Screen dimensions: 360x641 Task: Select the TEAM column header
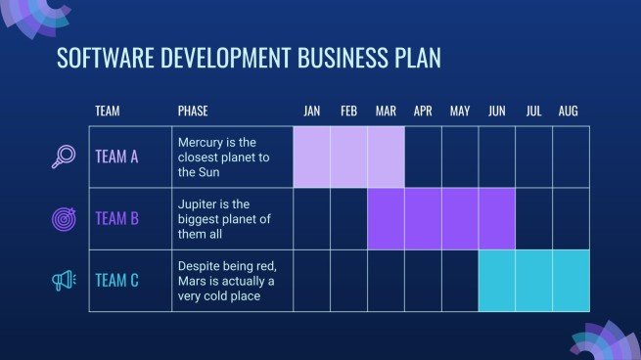point(108,112)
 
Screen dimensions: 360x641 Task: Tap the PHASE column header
point(193,112)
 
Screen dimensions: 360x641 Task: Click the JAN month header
point(312,112)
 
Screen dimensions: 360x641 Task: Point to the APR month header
point(423,112)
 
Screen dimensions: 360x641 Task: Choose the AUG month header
point(569,112)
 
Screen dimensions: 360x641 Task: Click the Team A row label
point(116,157)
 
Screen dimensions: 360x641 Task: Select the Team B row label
point(116,219)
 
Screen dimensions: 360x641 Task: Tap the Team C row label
point(116,282)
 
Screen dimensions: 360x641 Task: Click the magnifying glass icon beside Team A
point(64,157)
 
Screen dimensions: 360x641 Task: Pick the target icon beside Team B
point(64,219)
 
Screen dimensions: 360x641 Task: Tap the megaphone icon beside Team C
point(64,282)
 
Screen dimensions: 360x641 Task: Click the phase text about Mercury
point(223,157)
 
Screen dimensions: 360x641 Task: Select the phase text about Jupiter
point(225,219)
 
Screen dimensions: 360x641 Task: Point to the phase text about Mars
point(226,281)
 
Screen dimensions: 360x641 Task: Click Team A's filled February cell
point(349,157)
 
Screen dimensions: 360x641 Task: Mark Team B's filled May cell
point(460,219)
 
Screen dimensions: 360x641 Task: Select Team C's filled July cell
point(534,281)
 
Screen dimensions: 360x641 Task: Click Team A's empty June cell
point(497,157)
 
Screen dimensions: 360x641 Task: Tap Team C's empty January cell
point(312,281)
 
